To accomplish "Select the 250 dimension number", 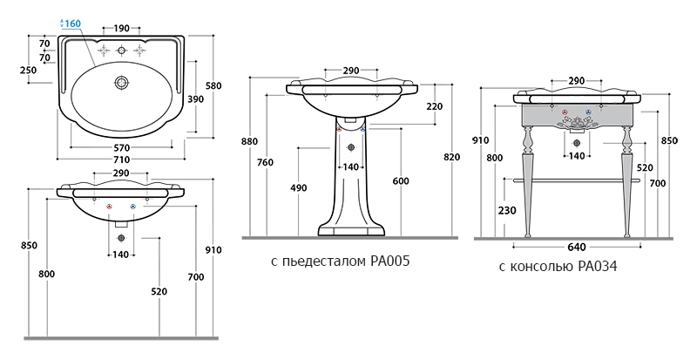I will click(x=28, y=71).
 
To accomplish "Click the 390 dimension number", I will click(x=197, y=99).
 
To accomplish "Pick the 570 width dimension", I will click(x=121, y=147).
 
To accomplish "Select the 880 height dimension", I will click(x=251, y=141).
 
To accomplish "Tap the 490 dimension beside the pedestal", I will click(x=300, y=187).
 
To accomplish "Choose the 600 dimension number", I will click(x=400, y=180).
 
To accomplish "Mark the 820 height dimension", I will click(x=450, y=157).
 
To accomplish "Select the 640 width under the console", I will click(x=576, y=246).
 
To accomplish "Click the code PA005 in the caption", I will click(x=389, y=262).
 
